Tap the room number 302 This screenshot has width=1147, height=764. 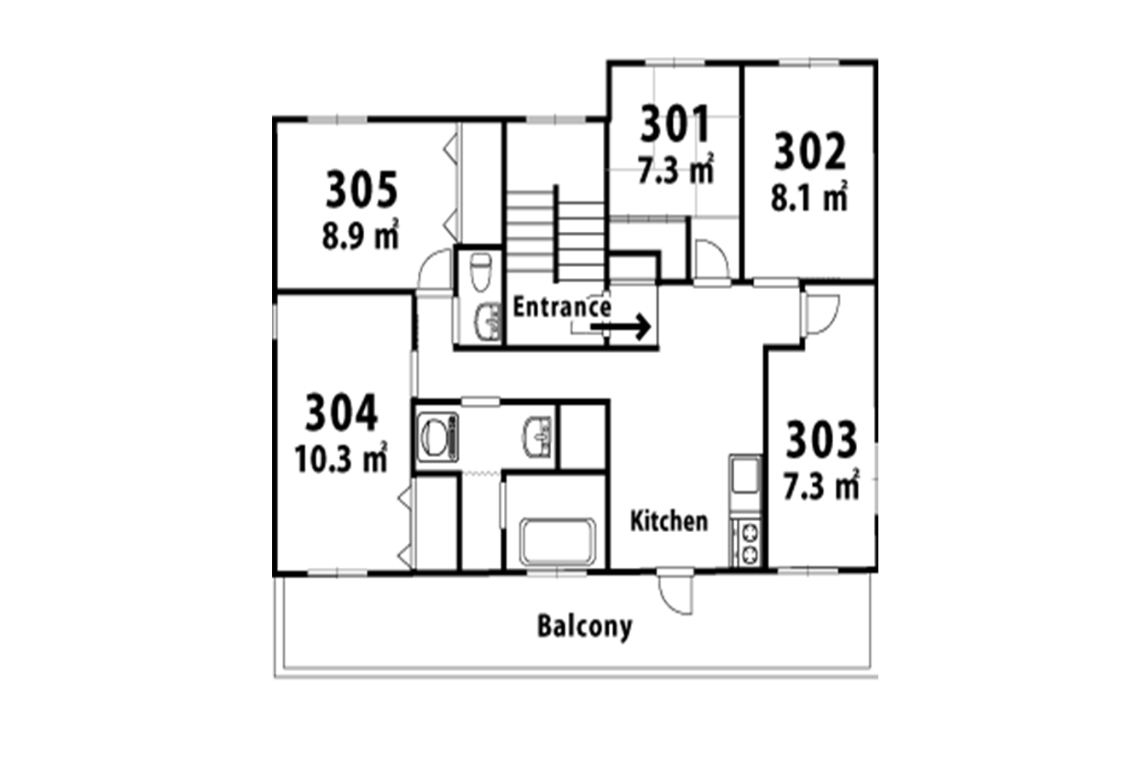[x=809, y=151]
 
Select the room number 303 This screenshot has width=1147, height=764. [x=821, y=439]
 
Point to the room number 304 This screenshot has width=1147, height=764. [x=341, y=412]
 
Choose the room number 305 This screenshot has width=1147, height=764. [x=362, y=189]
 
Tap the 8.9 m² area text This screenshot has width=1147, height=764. [x=361, y=234]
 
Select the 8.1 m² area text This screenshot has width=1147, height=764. [x=809, y=196]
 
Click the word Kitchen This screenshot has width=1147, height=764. [x=669, y=521]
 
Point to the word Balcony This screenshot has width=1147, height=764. [x=585, y=627]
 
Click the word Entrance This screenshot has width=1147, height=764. [x=562, y=307]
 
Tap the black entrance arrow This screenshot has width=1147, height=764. [x=620, y=327]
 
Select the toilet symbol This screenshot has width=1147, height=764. [x=480, y=272]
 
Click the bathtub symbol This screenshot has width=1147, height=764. [x=558, y=541]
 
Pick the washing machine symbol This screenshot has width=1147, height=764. [x=438, y=437]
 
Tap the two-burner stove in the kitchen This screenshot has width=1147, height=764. [x=748, y=543]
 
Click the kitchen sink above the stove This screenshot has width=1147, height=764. [x=745, y=475]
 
